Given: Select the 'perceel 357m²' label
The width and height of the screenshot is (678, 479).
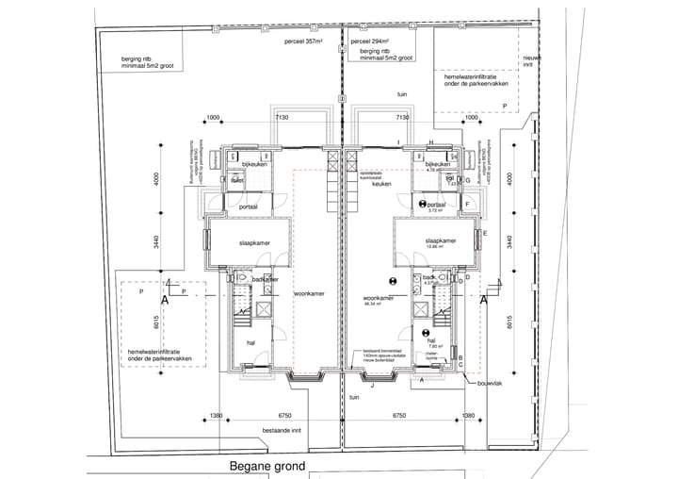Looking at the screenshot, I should (303, 43).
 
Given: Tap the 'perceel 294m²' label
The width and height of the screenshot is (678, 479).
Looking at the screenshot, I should (370, 43).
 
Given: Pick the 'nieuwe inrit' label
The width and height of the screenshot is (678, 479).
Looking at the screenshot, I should (532, 61).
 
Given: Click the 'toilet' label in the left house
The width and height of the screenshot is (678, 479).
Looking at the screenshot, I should (237, 179).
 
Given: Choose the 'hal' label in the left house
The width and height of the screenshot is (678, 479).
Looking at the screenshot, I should (251, 342).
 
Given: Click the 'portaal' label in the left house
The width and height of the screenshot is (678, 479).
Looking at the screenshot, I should (249, 206).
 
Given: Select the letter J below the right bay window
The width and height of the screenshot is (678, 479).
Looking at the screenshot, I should (373, 385).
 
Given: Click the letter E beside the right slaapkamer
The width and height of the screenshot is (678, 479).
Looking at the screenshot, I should (485, 232).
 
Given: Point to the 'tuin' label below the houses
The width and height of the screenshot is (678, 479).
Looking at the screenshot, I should (354, 398).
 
